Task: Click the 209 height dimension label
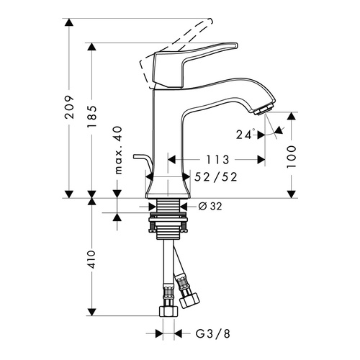click(x=69, y=107)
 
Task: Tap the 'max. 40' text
click(x=118, y=150)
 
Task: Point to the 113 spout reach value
click(x=218, y=160)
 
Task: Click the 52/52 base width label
click(x=216, y=177)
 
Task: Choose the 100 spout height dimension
click(x=292, y=157)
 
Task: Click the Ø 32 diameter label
click(x=210, y=206)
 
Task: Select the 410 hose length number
click(x=91, y=259)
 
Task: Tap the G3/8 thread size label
click(x=213, y=333)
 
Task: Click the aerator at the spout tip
click(x=264, y=109)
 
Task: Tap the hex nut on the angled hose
click(x=189, y=300)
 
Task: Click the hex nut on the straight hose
click(x=168, y=310)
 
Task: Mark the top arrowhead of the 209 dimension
click(x=69, y=22)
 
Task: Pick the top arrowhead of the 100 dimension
click(x=292, y=116)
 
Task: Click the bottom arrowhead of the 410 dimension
click(x=91, y=312)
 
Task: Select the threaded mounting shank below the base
click(x=168, y=219)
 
